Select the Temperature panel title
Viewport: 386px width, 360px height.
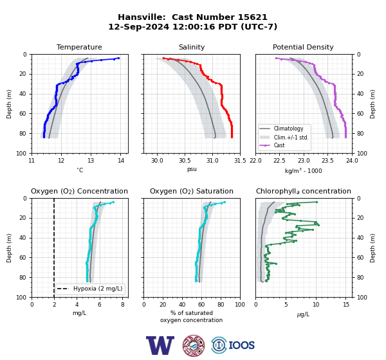point(79,47)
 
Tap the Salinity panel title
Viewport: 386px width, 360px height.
point(192,47)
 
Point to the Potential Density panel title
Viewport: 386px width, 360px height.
point(303,47)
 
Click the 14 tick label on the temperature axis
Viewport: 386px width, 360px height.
point(121,161)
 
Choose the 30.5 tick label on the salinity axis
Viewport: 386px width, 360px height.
point(185,161)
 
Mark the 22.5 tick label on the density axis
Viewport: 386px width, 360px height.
point(279,161)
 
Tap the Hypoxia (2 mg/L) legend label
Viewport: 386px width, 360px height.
point(98,289)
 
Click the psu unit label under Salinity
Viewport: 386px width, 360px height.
point(192,169)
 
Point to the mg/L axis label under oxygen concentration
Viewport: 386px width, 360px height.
point(79,313)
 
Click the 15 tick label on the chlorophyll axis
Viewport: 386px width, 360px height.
point(346,305)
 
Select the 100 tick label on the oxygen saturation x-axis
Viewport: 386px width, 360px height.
point(240,305)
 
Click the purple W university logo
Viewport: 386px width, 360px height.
point(160,345)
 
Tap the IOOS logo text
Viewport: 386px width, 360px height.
point(241,345)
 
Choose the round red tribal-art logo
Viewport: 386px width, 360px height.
point(194,345)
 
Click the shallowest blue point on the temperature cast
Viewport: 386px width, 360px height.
point(118,58)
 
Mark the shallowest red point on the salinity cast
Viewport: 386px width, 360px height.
point(163,58)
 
